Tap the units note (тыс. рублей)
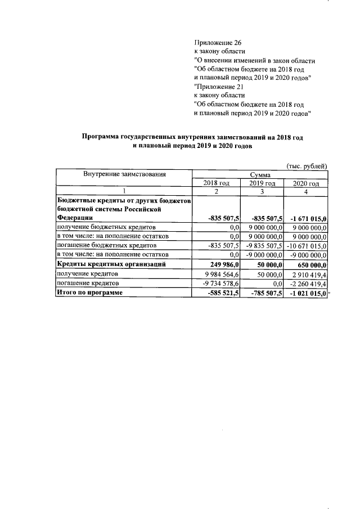click(x=307, y=166)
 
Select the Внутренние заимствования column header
click(x=124, y=174)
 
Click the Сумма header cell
click(x=260, y=175)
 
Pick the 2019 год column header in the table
click(x=262, y=183)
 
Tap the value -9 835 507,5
click(x=263, y=245)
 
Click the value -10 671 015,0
click(x=306, y=245)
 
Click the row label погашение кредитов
click(x=82, y=283)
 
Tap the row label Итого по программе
click(x=89, y=292)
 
